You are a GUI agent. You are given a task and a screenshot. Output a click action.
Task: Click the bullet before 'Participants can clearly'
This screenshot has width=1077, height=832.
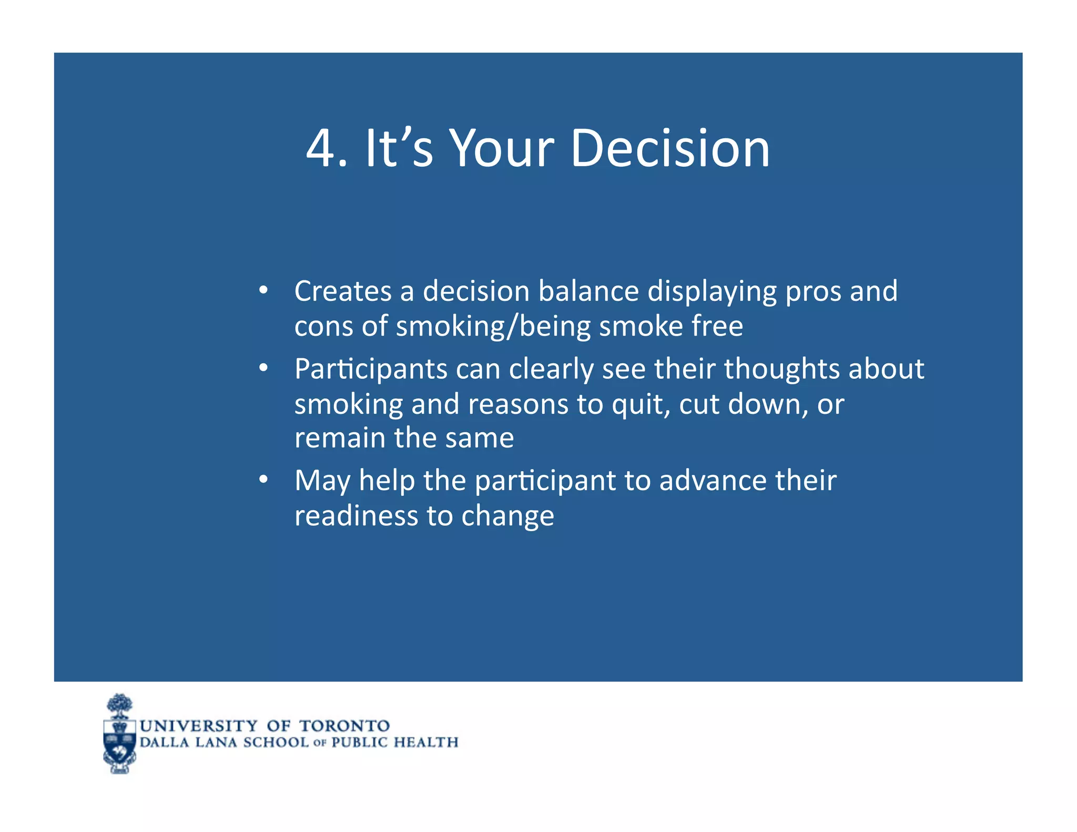pyautogui.click(x=263, y=368)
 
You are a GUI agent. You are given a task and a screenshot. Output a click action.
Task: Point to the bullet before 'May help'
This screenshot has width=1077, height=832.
pyautogui.click(x=263, y=480)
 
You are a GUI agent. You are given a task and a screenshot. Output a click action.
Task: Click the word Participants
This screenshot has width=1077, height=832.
pyautogui.click(x=371, y=369)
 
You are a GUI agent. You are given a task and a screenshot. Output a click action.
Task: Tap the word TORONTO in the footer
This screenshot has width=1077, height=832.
pyautogui.click(x=344, y=726)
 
